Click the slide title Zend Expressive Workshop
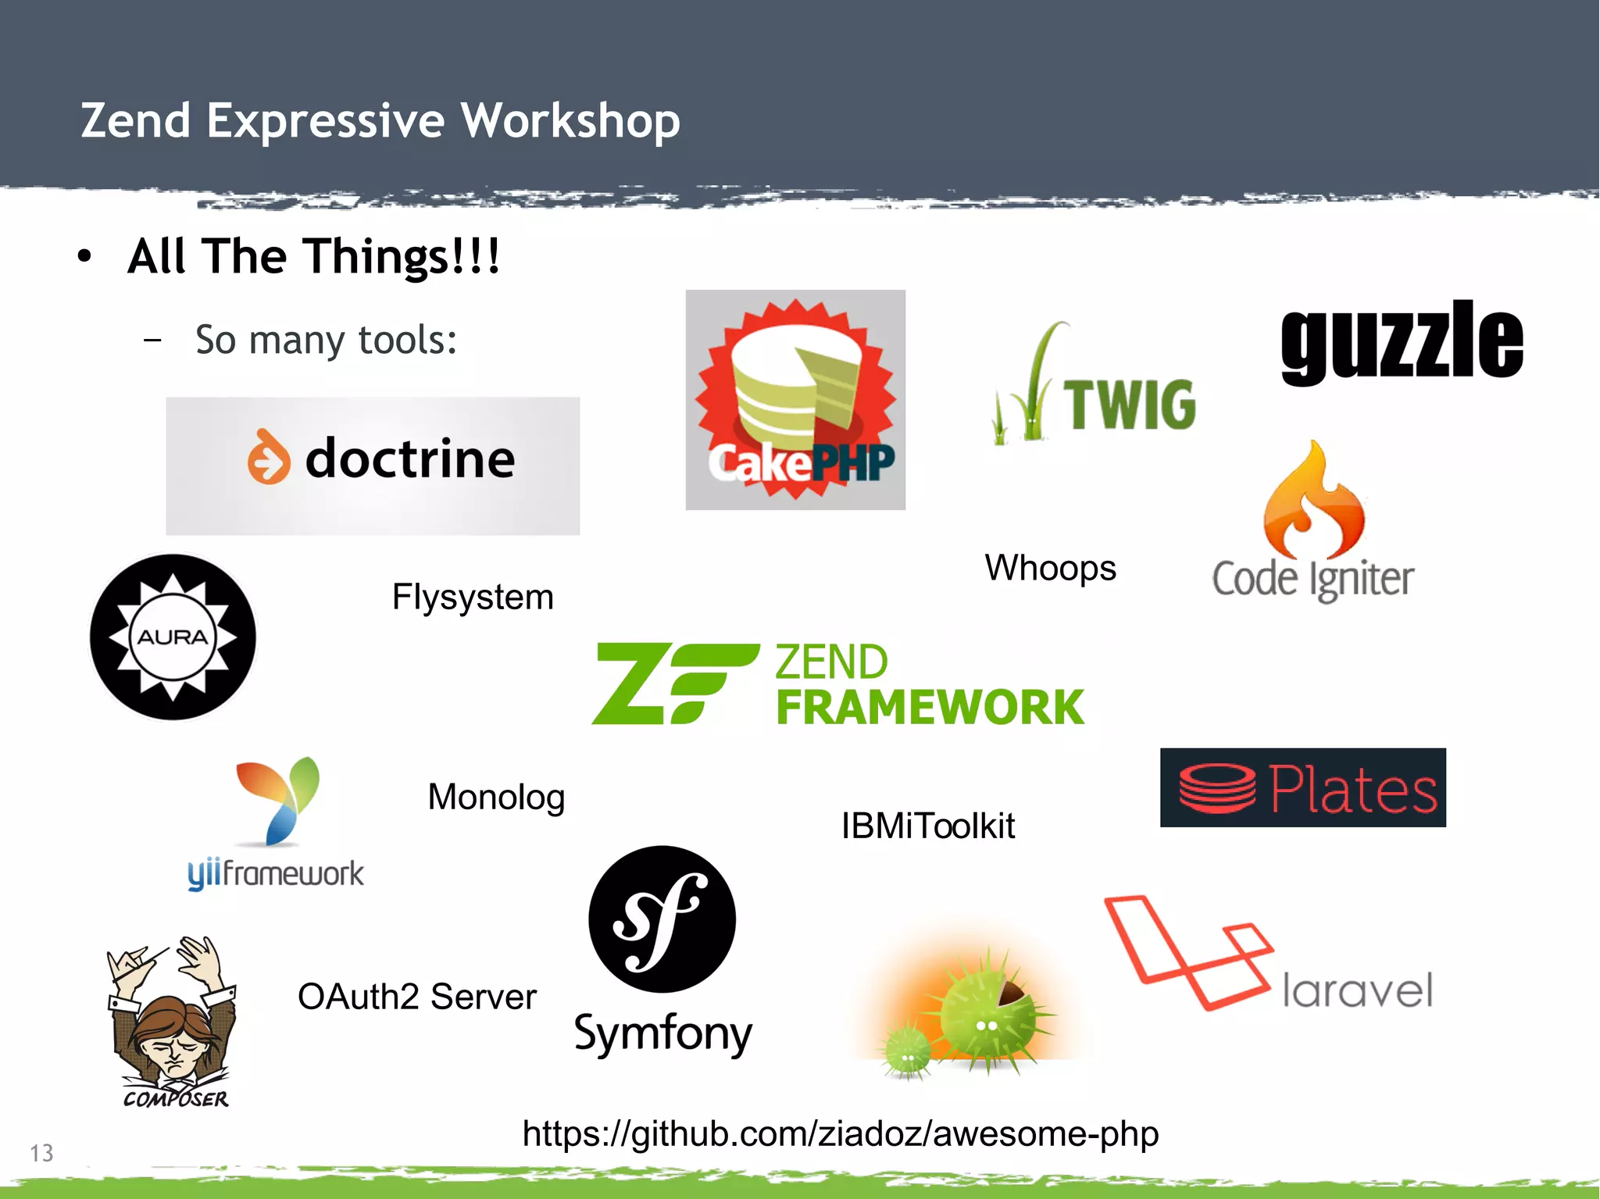pyautogui.click(x=380, y=121)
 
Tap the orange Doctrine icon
pyautogui.click(x=269, y=457)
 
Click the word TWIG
pyautogui.click(x=1130, y=405)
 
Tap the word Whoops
pyautogui.click(x=1050, y=568)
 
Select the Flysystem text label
pyautogui.click(x=473, y=598)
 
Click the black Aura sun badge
pyautogui.click(x=173, y=637)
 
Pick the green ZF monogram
pyautogui.click(x=673, y=683)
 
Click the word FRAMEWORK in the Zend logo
pyautogui.click(x=930, y=707)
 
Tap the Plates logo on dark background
pyautogui.click(x=1302, y=787)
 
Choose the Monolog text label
pyautogui.click(x=496, y=798)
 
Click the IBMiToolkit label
pyautogui.click(x=927, y=826)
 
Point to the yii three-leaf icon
pyautogui.click(x=277, y=801)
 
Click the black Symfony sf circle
pyautogui.click(x=662, y=919)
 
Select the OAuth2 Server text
pyautogui.click(x=417, y=997)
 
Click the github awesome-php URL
pyautogui.click(x=841, y=1134)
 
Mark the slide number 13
pyautogui.click(x=41, y=1153)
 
